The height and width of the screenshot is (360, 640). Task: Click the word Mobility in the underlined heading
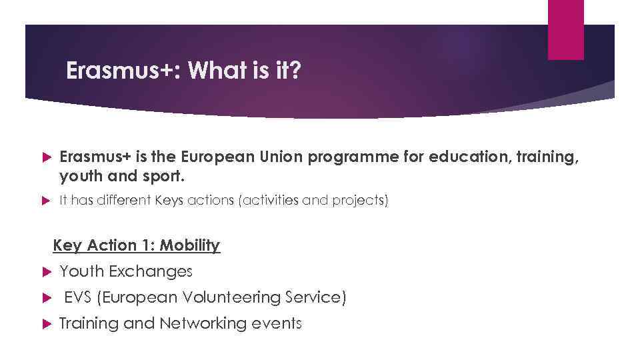[x=190, y=245]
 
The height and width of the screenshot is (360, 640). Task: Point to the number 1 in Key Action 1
[x=145, y=245]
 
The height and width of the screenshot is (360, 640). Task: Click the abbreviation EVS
[x=78, y=297]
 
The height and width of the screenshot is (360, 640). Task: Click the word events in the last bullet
[x=277, y=323]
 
